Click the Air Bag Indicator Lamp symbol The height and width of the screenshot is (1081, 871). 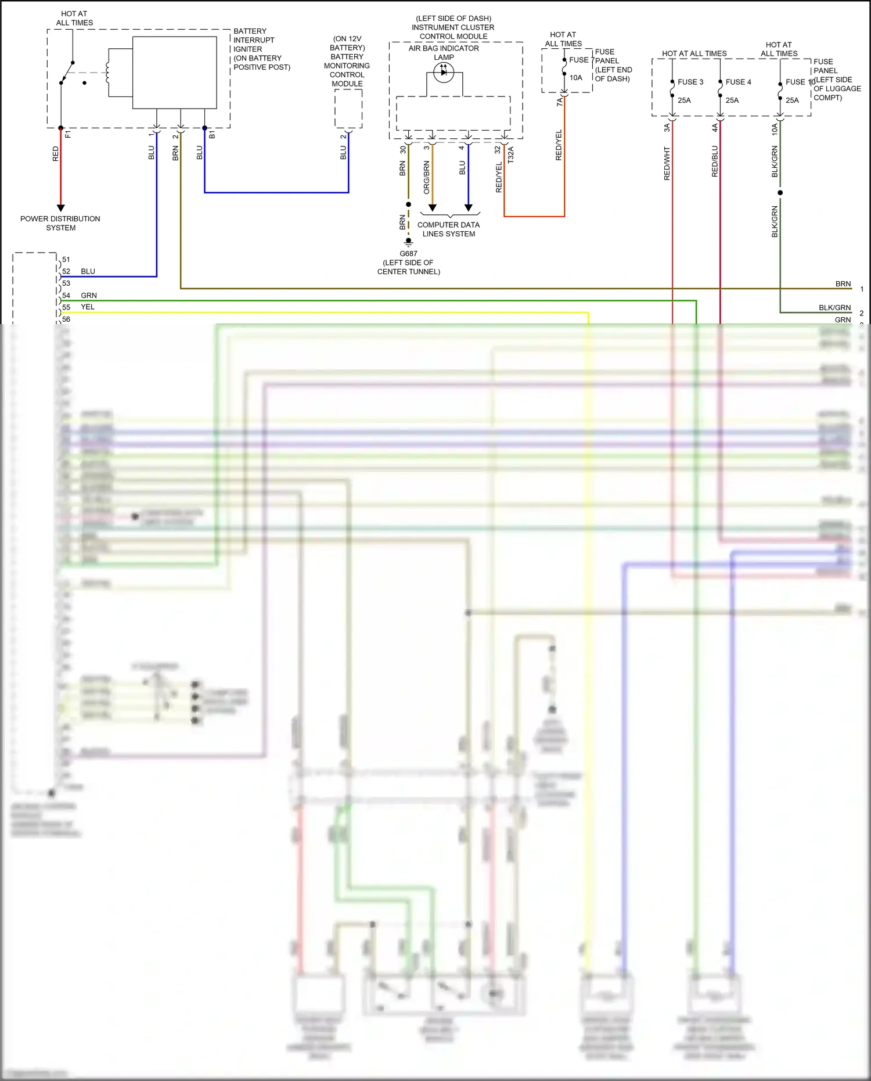[444, 73]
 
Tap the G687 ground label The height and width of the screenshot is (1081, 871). [408, 254]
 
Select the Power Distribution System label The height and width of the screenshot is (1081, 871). [60, 223]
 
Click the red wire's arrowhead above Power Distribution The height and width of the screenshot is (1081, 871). [60, 207]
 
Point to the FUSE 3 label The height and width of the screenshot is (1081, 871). [690, 82]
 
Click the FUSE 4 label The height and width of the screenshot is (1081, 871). [738, 82]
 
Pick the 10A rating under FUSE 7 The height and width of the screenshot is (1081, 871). [575, 78]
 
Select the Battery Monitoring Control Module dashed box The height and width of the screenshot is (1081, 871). [348, 109]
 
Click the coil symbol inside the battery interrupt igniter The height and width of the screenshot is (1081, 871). [108, 73]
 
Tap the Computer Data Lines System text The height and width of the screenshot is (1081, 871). [448, 229]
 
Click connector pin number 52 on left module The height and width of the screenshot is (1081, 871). [66, 271]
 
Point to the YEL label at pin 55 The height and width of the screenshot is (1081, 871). [88, 307]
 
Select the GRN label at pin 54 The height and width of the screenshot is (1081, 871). [89, 296]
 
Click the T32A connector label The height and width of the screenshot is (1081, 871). [511, 155]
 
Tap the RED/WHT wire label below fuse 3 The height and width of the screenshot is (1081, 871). [667, 164]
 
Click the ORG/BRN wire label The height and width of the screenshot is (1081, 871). [427, 178]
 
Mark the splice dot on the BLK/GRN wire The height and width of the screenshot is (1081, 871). [780, 192]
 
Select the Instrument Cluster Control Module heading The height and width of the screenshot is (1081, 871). [453, 27]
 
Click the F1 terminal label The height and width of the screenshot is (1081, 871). [68, 134]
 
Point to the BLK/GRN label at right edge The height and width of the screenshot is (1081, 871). [834, 308]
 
